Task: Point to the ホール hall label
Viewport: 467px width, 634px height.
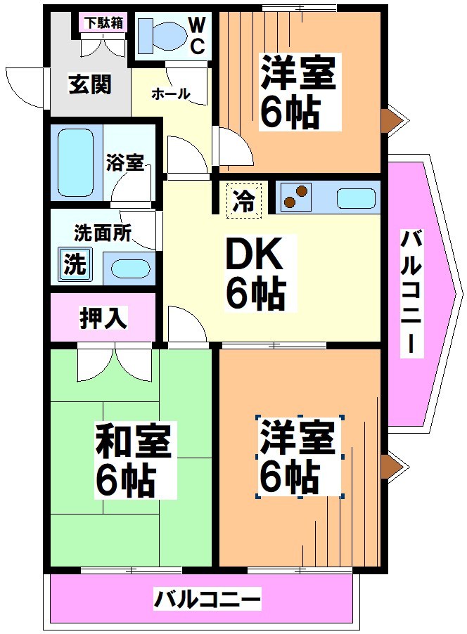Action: click(171, 93)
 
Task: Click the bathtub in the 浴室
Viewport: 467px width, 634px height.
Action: click(75, 162)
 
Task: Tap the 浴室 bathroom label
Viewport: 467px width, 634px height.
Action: click(125, 163)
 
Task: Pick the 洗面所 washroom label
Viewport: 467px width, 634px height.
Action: click(102, 233)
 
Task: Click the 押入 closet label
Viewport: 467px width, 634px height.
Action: click(103, 318)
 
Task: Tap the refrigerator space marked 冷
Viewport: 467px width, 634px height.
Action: click(244, 200)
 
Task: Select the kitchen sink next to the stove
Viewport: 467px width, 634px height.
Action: click(356, 198)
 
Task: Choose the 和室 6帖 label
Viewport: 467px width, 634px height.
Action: click(134, 458)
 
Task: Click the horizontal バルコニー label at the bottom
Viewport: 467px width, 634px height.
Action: click(207, 600)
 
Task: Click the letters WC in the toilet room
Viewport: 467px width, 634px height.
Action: click(198, 35)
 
